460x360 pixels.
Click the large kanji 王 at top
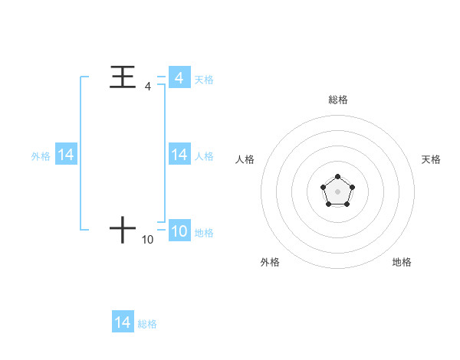[x=123, y=77]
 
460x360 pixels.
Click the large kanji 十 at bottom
[x=123, y=229]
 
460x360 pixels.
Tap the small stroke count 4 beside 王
[x=148, y=87]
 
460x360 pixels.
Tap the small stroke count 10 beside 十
[x=148, y=240]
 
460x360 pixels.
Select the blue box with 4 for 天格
[x=179, y=77]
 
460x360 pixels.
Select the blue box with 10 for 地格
[x=179, y=231]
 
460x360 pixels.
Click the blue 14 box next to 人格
[x=179, y=155]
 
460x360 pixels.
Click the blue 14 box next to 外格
[x=66, y=155]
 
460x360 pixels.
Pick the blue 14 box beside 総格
[x=123, y=322]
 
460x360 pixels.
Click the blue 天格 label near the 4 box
[x=204, y=79]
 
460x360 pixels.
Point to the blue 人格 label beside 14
[x=204, y=156]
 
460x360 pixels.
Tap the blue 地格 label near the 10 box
[x=204, y=233]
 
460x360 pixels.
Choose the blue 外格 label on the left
[x=41, y=156]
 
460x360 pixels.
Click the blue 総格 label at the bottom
[x=147, y=324]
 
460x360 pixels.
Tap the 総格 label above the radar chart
[x=337, y=100]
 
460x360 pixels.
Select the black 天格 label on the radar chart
[x=431, y=159]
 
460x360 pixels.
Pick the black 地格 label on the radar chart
[x=402, y=262]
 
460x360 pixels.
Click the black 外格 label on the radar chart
[x=270, y=262]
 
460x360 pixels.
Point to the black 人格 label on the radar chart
[x=245, y=159]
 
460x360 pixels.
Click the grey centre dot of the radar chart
[x=337, y=190]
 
